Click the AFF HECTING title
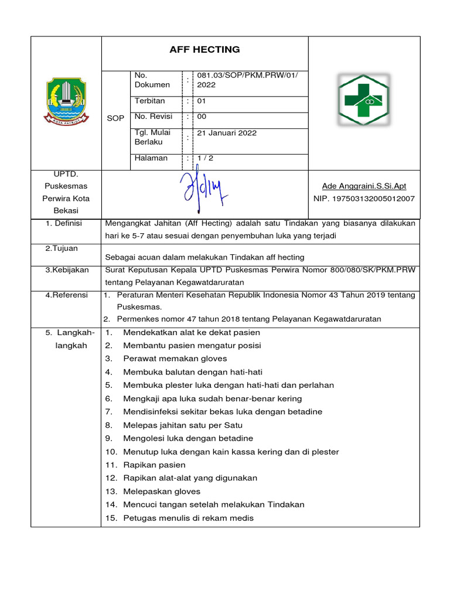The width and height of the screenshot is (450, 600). coord(204,50)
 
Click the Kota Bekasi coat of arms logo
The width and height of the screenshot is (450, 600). coord(66,101)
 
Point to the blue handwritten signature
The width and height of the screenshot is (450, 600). coord(203,194)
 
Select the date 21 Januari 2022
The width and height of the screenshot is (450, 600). coord(227,133)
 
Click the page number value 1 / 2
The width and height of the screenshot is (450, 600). coord(206,158)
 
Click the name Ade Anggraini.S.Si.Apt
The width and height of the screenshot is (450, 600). coord(364,186)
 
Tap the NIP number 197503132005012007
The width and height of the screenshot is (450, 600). coord(364,199)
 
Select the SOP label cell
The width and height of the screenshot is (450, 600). coord(116,118)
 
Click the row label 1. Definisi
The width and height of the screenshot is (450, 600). coord(64,224)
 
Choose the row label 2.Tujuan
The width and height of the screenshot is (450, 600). coord(62,248)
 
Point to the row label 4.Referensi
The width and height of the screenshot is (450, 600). coord(66,295)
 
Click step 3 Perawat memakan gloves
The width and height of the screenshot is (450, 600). coord(175,359)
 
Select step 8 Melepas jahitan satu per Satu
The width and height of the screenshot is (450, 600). coord(182,425)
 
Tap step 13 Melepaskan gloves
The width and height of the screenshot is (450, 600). coord(161,492)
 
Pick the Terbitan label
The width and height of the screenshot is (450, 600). coord(150,101)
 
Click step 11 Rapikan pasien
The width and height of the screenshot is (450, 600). coord(154,465)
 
